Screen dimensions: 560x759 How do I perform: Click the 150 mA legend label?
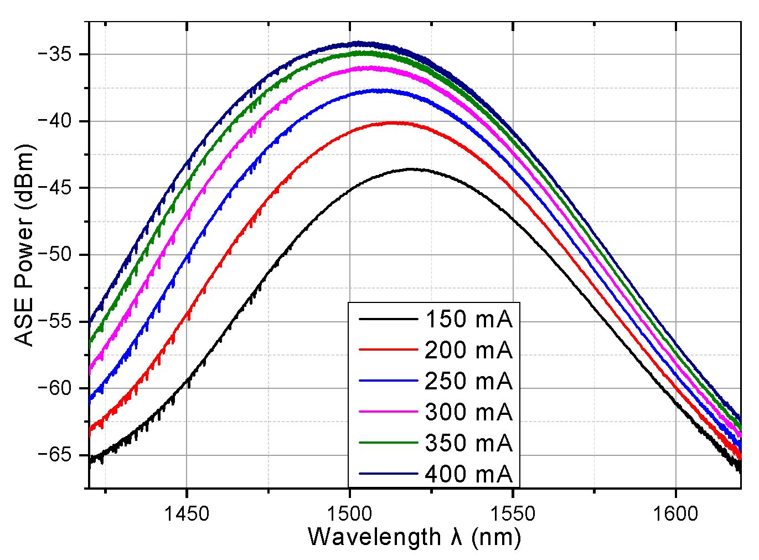coord(468,320)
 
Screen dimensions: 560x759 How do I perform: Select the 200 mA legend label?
coord(468,351)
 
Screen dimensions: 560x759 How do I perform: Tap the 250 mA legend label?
coord(468,382)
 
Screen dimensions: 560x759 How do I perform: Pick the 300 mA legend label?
coord(468,413)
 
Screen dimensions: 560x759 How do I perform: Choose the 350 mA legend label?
coord(468,444)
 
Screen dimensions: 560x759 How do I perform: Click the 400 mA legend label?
coord(468,475)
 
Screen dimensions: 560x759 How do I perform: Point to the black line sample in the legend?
coord(388,319)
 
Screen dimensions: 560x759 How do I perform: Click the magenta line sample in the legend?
coord(388,412)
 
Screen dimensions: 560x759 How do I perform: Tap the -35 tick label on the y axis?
coord(55,54)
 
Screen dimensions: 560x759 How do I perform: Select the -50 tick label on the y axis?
coord(55,255)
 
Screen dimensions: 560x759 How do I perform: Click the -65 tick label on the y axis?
coord(55,455)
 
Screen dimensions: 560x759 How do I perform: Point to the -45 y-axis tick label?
coord(55,188)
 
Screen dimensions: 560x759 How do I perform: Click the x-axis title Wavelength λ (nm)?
coord(414,538)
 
